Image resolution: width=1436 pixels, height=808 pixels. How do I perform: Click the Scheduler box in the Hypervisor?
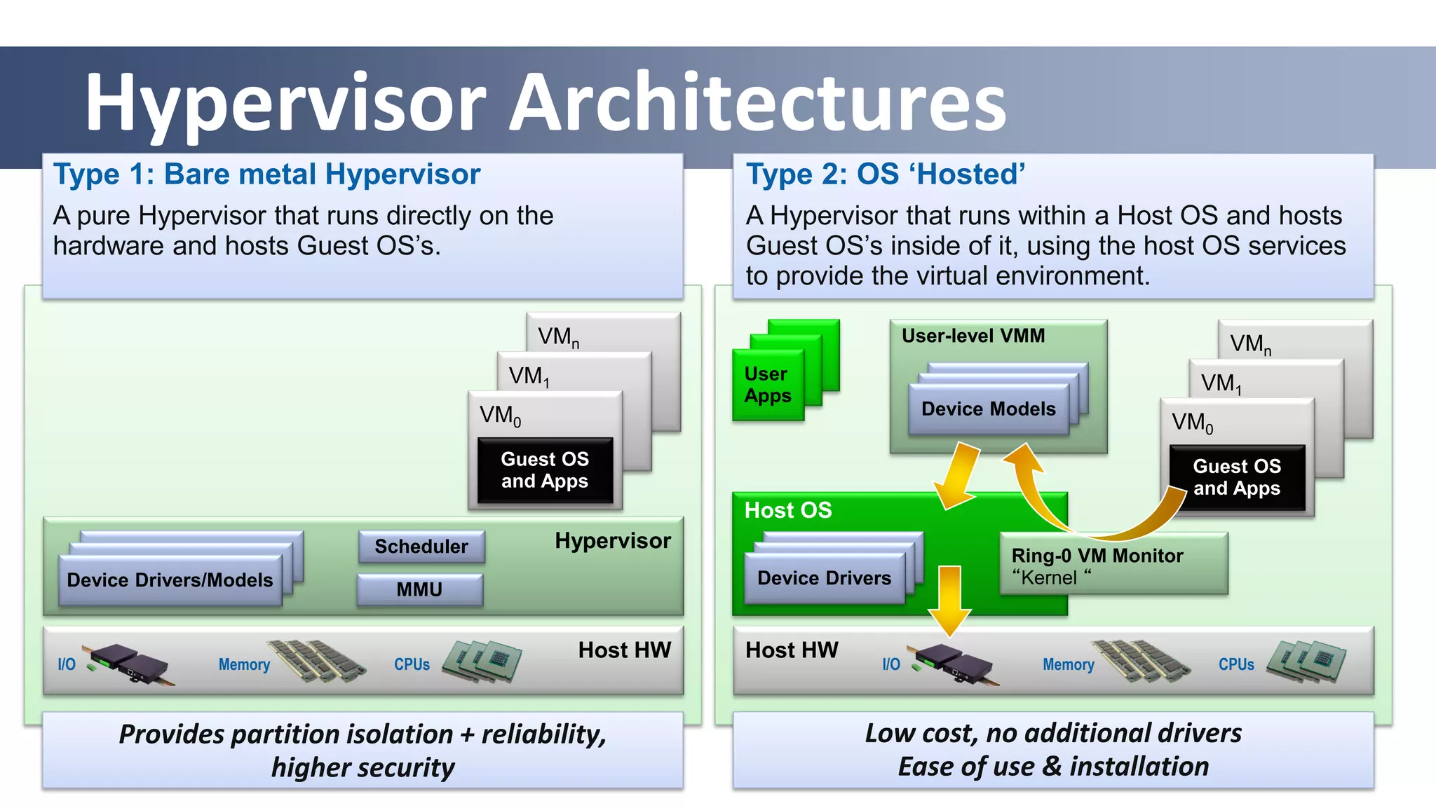pos(421,547)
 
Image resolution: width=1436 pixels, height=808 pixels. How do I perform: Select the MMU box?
pos(419,589)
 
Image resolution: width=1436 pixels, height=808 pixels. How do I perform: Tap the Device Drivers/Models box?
pos(170,580)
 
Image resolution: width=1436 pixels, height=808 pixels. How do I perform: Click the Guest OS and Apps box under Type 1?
pos(545,470)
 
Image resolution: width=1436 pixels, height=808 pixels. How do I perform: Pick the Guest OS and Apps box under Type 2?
pos(1237,477)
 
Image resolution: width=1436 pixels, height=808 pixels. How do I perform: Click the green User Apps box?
pos(767,385)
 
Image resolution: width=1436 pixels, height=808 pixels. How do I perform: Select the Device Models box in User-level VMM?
pos(988,409)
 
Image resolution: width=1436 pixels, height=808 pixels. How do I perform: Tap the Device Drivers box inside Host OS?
pos(824,578)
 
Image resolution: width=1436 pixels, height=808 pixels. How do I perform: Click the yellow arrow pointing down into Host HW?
pos(949,599)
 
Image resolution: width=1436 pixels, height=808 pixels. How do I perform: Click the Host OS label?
pos(788,510)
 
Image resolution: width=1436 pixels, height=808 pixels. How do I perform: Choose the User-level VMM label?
pos(973,336)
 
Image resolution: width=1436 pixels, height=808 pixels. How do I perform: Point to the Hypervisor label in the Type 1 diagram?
pos(612,541)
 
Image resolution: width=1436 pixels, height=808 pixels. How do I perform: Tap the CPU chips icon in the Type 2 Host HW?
pos(1306,662)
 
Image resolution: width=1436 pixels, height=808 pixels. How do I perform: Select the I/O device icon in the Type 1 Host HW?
pos(126,663)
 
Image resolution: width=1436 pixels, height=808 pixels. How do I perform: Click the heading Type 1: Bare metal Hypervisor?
pos(267,174)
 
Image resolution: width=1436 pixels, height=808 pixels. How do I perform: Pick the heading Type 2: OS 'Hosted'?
pos(886,174)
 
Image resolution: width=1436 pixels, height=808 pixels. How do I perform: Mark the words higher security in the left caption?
pos(363,767)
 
